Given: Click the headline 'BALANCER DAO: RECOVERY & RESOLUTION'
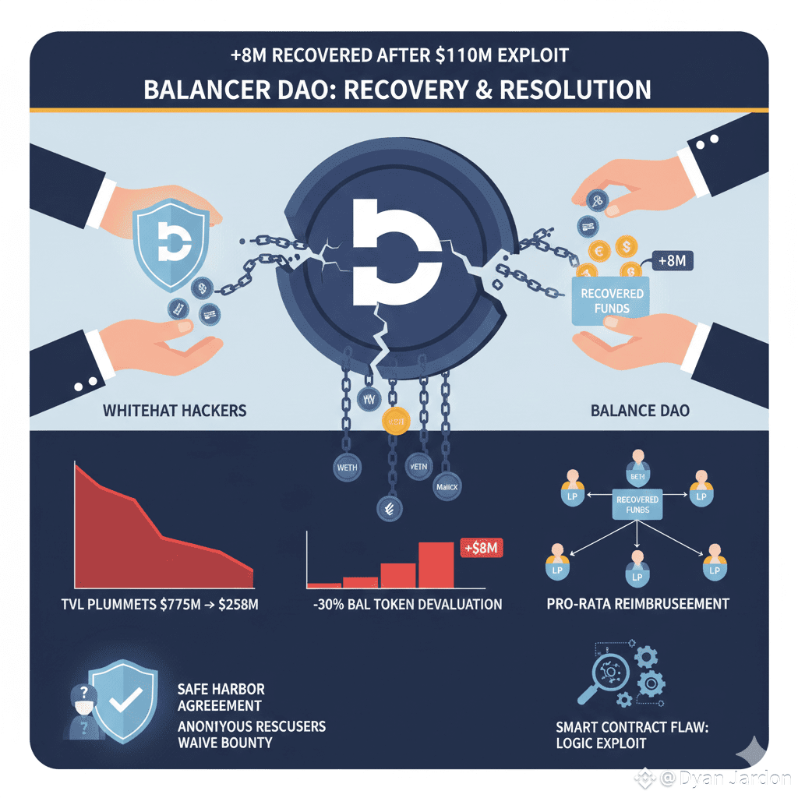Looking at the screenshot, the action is coord(397,89).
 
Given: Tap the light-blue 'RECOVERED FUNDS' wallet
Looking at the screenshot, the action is coord(612,300).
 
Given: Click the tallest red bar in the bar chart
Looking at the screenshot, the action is coord(436,564).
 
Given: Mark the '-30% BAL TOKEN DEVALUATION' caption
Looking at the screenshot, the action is coord(404,604).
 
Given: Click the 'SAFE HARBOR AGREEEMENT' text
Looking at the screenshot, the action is coord(221,697).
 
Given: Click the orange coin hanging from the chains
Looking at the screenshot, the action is coord(394,422).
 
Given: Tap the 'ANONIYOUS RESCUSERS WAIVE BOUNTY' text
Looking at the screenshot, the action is coord(251,734).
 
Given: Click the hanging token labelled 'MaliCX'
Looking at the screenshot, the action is coord(446,486).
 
